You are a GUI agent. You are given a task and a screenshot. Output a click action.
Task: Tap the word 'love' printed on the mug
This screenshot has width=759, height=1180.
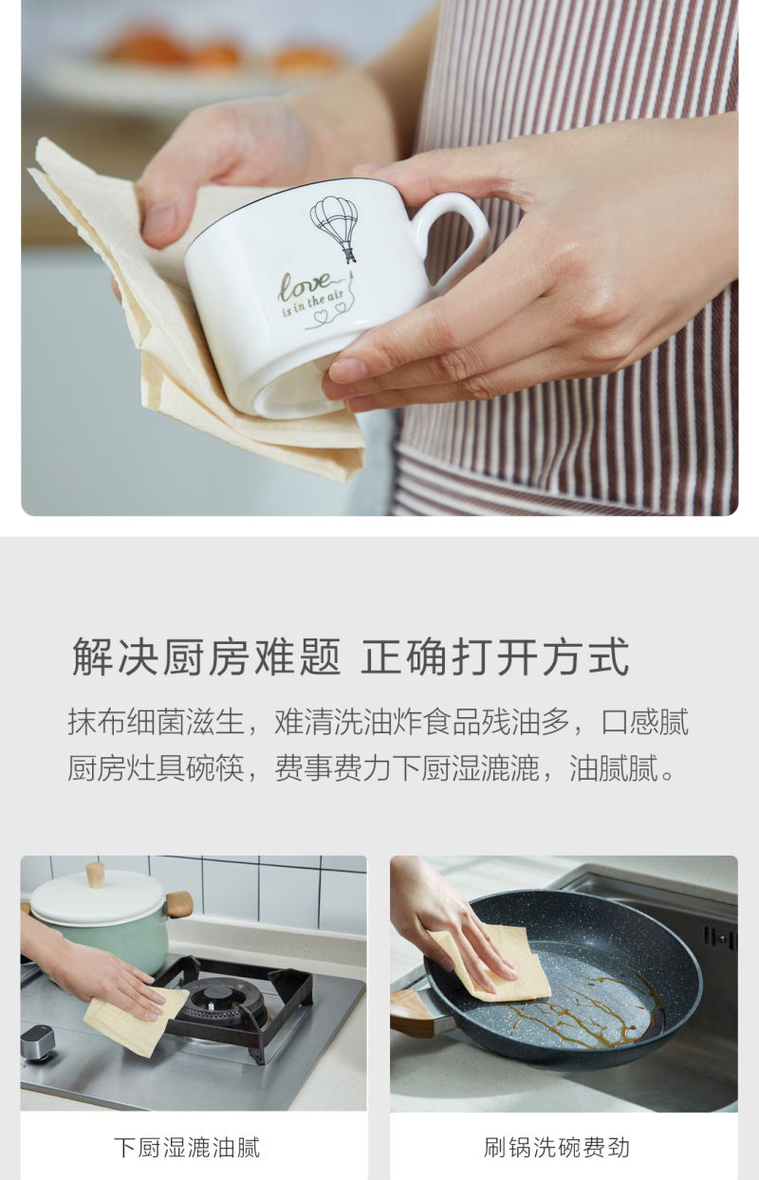305,286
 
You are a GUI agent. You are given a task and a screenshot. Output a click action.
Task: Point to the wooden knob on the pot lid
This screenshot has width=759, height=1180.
95,875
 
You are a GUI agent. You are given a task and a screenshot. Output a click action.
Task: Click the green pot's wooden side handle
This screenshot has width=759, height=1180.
178,904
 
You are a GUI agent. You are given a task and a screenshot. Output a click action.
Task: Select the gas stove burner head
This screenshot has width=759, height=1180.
221,998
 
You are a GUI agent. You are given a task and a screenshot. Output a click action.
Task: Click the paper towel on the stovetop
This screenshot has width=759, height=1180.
135,1019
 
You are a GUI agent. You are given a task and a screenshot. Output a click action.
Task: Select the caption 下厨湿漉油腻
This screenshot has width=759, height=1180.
187,1148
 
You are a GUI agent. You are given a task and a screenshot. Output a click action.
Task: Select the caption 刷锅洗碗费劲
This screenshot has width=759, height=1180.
557,1148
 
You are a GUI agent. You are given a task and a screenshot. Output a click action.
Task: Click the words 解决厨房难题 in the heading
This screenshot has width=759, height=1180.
207,656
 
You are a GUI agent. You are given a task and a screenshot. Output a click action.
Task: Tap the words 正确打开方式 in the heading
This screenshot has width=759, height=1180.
495,656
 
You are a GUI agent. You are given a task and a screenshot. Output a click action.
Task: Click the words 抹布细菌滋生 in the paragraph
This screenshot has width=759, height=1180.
156,722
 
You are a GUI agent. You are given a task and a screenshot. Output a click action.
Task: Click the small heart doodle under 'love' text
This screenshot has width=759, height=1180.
321,316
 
